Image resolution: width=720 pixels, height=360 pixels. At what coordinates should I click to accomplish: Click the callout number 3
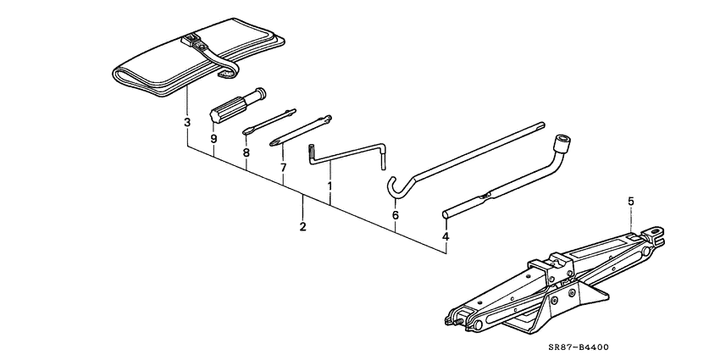pos(186,123)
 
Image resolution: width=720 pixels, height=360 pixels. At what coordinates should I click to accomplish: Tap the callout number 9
pos(213,138)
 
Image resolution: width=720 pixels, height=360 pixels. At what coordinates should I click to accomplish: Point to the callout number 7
pos(283,168)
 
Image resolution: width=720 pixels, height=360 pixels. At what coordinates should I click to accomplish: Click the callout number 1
pos(330,184)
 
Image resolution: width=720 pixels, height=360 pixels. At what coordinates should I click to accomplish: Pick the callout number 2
pos(302,227)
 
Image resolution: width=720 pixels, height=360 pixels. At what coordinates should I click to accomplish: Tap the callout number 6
pos(395,216)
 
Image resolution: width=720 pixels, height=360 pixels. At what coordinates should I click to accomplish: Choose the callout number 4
pos(446,236)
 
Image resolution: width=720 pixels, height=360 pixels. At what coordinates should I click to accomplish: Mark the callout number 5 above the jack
pos(629,201)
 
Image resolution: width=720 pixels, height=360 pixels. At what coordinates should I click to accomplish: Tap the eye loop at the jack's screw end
pos(656,229)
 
